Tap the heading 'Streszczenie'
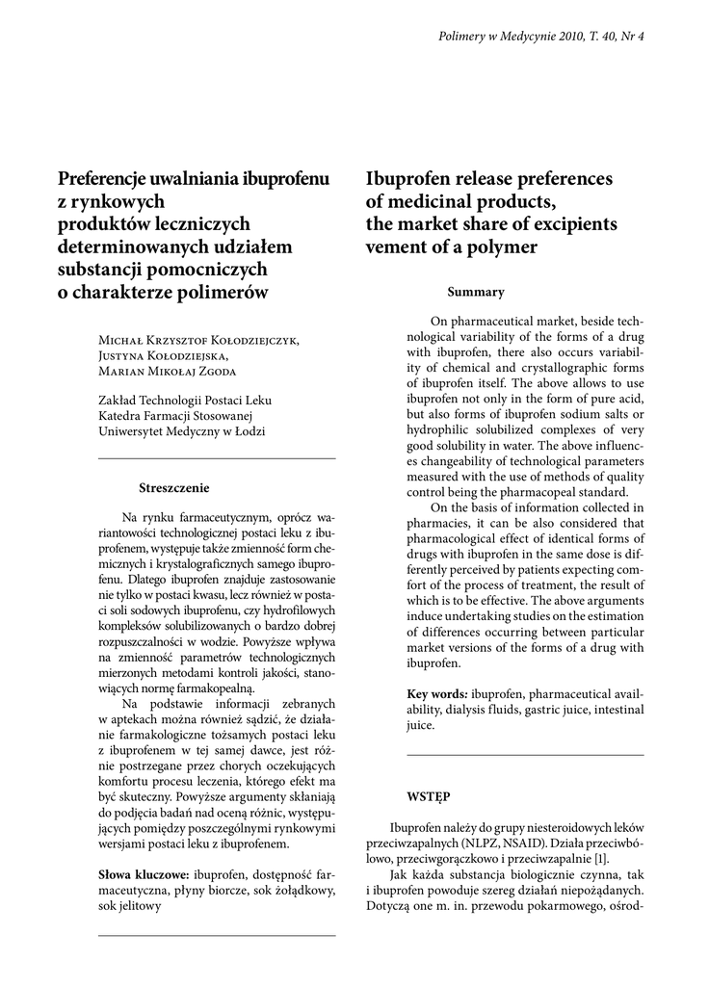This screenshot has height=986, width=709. (x=174, y=487)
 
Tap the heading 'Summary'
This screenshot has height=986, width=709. (x=475, y=292)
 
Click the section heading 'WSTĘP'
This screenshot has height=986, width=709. (x=428, y=797)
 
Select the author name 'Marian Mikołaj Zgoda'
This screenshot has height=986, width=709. (x=168, y=372)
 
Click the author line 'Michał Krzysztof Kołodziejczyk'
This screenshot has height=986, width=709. (x=198, y=339)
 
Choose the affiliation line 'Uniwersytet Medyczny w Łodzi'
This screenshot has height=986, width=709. (x=182, y=431)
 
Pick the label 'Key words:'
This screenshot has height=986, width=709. (x=437, y=693)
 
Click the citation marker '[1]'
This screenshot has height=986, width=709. (x=601, y=858)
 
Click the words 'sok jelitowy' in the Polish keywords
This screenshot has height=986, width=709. (x=131, y=907)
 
